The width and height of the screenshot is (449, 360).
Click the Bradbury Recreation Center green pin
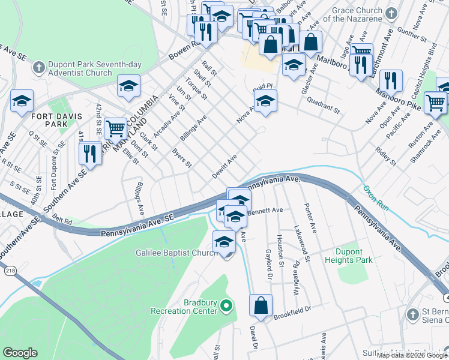[x=226, y=307]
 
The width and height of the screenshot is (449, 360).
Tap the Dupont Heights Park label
[x=349, y=256]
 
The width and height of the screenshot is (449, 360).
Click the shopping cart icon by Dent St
[x=115, y=128]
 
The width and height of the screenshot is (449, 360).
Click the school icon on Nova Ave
[x=265, y=101]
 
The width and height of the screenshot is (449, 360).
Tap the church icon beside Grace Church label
[x=391, y=13]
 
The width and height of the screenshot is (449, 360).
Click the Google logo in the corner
[x=20, y=353]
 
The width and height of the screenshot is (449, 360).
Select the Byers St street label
[x=181, y=157]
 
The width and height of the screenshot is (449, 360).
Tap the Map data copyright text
[x=412, y=355]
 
